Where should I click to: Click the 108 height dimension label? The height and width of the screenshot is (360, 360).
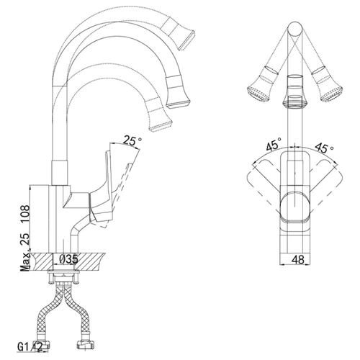click(25, 215)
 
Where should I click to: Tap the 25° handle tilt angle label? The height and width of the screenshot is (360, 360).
click(132, 140)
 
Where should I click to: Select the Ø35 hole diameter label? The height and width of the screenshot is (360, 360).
click(69, 259)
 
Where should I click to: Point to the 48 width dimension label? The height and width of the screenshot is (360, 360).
click(299, 259)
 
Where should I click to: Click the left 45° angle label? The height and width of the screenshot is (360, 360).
click(274, 144)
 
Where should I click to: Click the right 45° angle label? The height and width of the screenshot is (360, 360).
click(324, 148)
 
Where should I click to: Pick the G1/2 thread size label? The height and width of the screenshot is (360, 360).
click(30, 346)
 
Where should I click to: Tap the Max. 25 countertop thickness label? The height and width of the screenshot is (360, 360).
click(26, 251)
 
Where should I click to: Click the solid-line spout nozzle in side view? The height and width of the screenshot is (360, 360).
click(178, 91)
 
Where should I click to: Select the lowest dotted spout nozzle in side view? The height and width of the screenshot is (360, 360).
click(158, 114)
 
